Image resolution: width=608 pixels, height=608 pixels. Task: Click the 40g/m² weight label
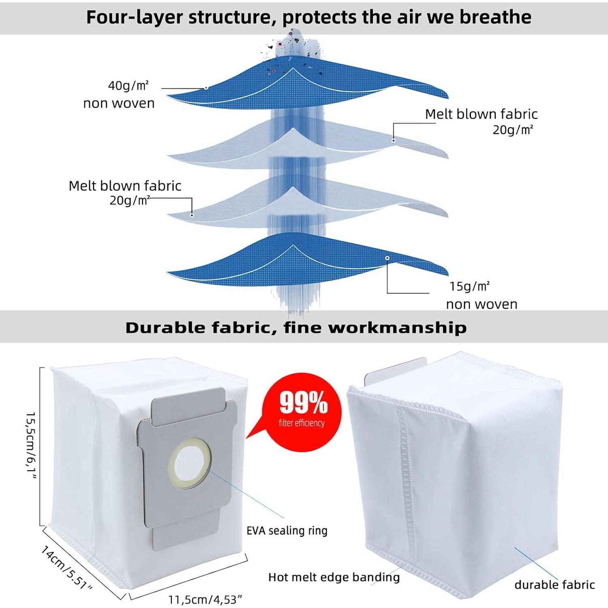[x=128, y=86]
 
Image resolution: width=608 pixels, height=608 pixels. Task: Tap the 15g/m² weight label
[x=469, y=287]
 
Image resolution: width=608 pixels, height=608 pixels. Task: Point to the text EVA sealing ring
[x=287, y=531]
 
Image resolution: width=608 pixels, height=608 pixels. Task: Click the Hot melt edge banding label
[x=334, y=577]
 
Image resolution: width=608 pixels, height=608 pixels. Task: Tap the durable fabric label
[x=554, y=584]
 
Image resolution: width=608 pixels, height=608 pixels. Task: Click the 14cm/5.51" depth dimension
[x=66, y=567]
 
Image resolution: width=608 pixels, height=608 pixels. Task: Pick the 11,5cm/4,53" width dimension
[x=206, y=599]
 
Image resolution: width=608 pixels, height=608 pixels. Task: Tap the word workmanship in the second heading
[x=397, y=328]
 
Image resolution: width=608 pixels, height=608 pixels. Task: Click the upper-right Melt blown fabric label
[x=481, y=114]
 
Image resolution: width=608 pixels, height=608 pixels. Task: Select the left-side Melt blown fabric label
[x=125, y=186]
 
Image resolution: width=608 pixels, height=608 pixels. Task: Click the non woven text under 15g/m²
[x=482, y=304]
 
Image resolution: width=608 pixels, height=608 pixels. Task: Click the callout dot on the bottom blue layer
[x=387, y=258]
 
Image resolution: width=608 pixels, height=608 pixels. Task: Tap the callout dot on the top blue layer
[x=206, y=88]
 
